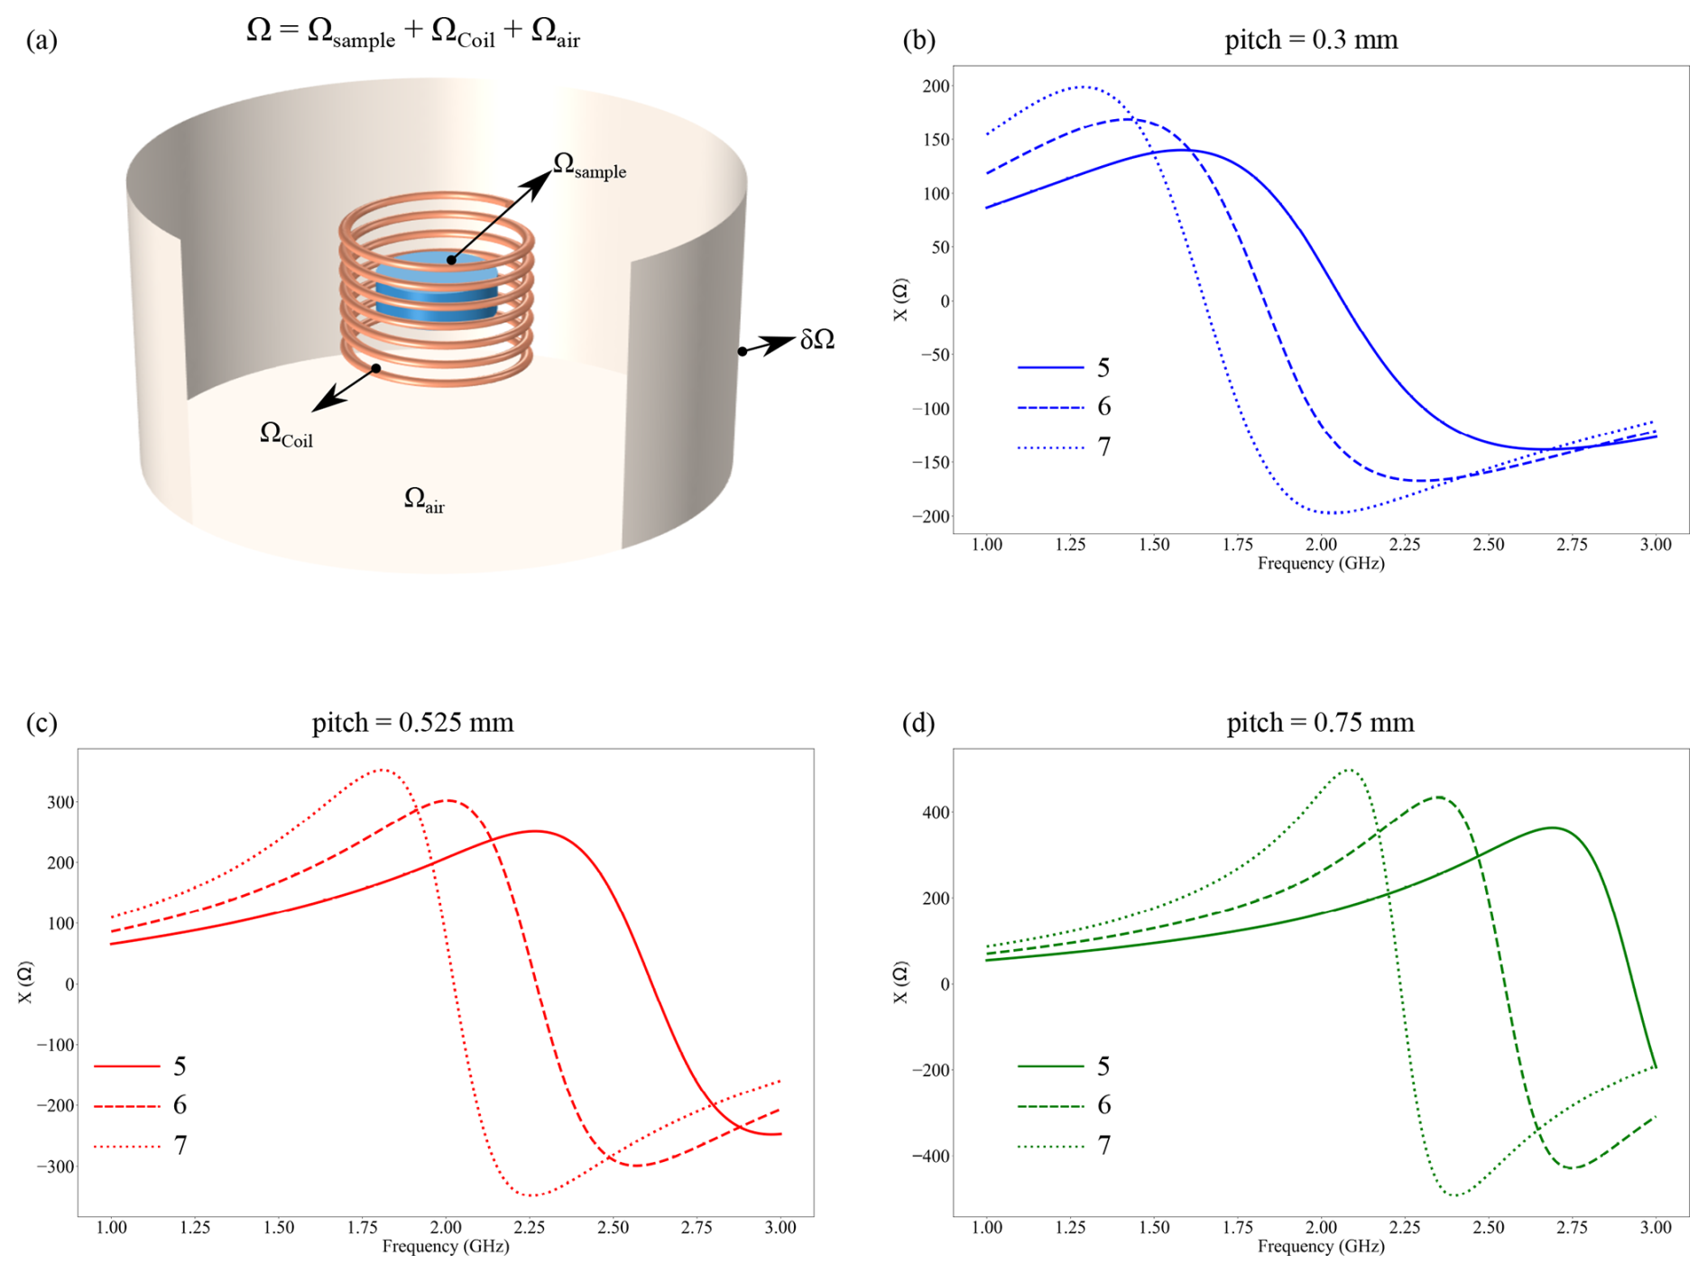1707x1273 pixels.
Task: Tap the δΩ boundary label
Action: pyautogui.click(x=817, y=340)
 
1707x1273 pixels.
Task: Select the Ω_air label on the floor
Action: pyautogui.click(x=424, y=500)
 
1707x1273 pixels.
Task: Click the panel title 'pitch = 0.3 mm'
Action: pyautogui.click(x=1311, y=40)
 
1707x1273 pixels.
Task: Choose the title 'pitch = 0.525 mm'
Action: pyautogui.click(x=412, y=723)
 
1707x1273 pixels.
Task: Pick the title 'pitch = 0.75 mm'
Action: pyautogui.click(x=1320, y=723)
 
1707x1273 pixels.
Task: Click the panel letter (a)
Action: pyautogui.click(x=42, y=41)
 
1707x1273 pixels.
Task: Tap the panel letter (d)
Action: pyautogui.click(x=918, y=724)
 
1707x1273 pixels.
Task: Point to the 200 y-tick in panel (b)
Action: pyautogui.click(x=936, y=87)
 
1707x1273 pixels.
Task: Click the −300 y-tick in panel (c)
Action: pyautogui.click(x=55, y=1167)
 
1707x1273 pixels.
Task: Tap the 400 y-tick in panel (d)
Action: pyautogui.click(x=936, y=813)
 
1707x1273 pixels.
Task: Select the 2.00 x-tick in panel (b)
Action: pyautogui.click(x=1321, y=545)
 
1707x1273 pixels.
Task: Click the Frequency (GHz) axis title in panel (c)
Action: pyautogui.click(x=445, y=1247)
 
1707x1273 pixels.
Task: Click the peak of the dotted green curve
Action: pyautogui.click(x=1349, y=770)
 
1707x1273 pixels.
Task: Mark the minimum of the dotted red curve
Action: pyautogui.click(x=533, y=1195)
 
